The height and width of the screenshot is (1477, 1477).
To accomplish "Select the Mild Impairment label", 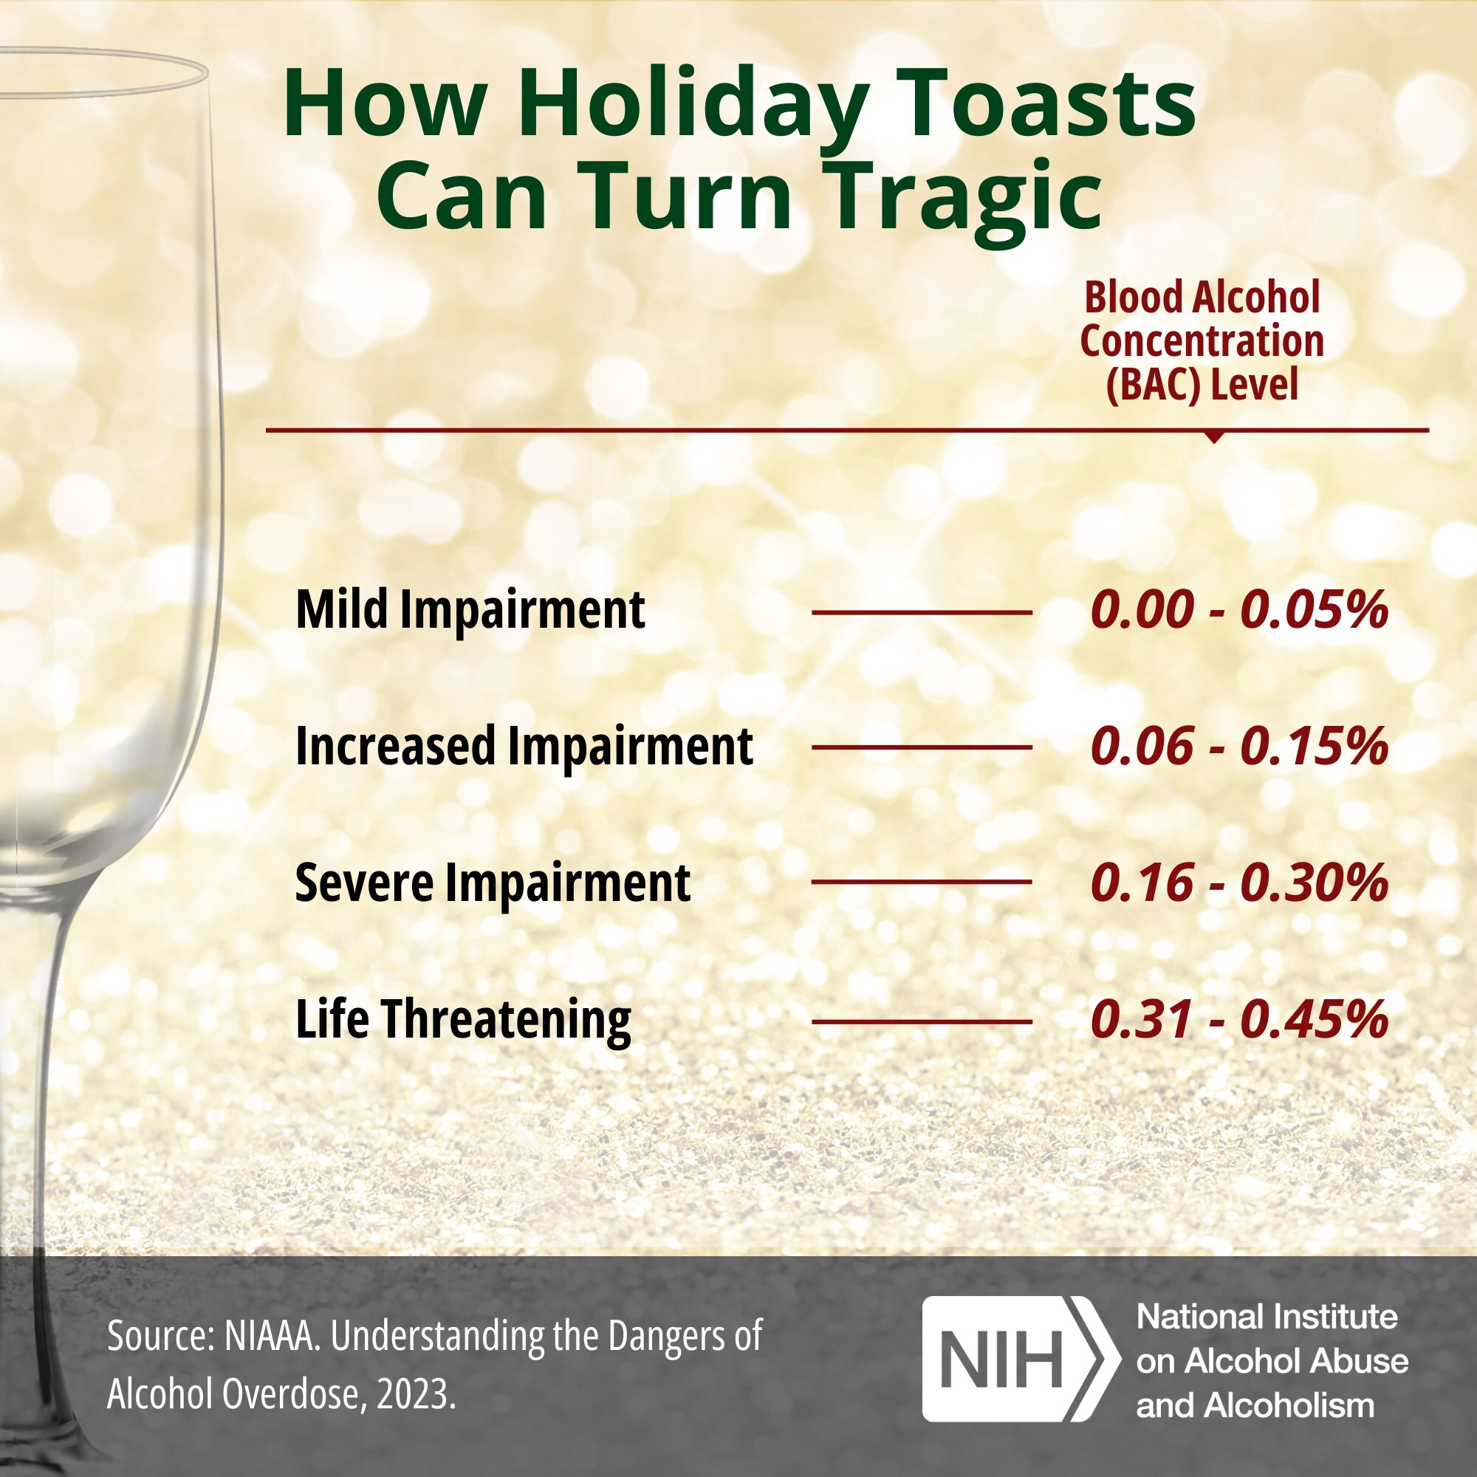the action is point(470,610).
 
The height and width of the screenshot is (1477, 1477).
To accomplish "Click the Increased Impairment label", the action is point(524,746).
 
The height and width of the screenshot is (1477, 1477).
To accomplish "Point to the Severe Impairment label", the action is point(493,883).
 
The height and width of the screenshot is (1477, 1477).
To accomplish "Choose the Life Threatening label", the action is point(463,1020).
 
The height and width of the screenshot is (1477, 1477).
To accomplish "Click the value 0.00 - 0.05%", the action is point(1239,610).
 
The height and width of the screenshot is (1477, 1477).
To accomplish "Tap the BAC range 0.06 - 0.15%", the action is point(1239,746).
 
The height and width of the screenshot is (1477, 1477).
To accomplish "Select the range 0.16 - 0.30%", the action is point(1239,883).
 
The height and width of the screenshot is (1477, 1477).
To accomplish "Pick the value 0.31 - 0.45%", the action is point(1239,1020).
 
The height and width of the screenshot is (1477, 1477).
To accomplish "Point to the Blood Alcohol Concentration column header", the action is point(1202,341).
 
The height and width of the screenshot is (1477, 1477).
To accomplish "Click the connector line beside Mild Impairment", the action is point(921,612).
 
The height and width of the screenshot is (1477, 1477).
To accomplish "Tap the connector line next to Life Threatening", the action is point(921,1021).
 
